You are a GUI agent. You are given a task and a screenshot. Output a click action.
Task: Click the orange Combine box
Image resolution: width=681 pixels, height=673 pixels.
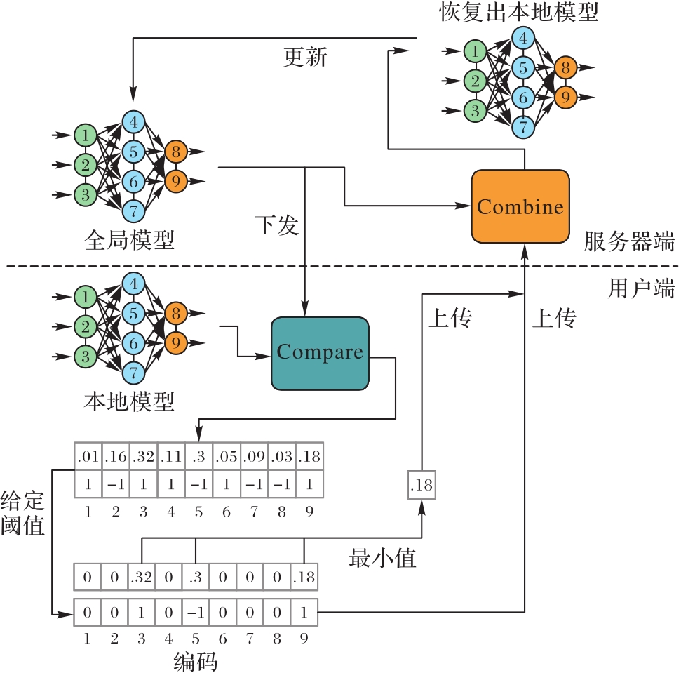tap(520, 206)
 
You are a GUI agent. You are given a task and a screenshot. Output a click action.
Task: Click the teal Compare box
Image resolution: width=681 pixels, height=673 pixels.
tap(320, 352)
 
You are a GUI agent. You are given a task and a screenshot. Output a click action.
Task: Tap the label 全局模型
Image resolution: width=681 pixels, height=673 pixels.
tap(129, 241)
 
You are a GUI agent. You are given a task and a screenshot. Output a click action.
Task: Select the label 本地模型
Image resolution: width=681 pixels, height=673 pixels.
tap(129, 402)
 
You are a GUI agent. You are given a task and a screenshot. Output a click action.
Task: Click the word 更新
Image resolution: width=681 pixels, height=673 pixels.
tap(305, 58)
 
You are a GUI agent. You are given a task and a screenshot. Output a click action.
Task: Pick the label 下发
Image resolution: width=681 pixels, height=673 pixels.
tap(276, 226)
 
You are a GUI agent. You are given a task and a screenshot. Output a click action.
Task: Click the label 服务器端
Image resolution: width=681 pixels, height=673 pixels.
tap(629, 242)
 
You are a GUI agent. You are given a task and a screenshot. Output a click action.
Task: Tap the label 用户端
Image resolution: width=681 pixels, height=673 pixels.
tap(641, 288)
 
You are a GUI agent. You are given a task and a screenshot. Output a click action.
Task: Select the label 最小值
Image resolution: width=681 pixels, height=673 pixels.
tap(382, 559)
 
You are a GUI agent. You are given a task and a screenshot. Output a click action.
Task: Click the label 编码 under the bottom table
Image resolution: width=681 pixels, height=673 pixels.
tap(196, 661)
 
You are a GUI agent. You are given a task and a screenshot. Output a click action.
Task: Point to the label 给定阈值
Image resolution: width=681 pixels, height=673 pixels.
tap(22, 514)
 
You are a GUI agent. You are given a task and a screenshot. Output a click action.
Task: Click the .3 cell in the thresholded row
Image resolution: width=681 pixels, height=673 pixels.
tap(196, 578)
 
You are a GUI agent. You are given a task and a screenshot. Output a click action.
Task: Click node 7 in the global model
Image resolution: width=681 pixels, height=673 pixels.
tap(133, 210)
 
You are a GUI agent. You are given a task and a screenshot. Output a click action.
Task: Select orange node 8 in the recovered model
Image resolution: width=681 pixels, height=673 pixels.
tap(565, 67)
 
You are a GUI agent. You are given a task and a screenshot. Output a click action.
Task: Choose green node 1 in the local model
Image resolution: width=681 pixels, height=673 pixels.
tap(85, 297)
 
